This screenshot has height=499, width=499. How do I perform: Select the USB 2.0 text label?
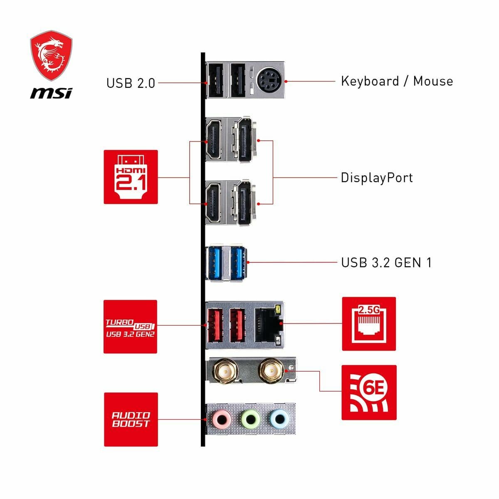tap(131, 83)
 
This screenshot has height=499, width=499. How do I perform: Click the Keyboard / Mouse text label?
tap(397, 81)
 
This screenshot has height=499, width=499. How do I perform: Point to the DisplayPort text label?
tap(377, 178)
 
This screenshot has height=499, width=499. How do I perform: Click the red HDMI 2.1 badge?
tap(131, 177)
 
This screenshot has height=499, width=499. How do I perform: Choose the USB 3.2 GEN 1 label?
tap(386, 262)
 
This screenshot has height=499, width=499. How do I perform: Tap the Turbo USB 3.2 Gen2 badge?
tap(130, 326)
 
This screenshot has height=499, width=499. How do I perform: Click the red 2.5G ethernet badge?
tap(368, 324)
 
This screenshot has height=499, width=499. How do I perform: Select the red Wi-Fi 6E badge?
tap(368, 392)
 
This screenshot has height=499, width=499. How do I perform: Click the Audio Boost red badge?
tap(131, 419)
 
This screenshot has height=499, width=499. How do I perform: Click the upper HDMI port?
tap(215, 139)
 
